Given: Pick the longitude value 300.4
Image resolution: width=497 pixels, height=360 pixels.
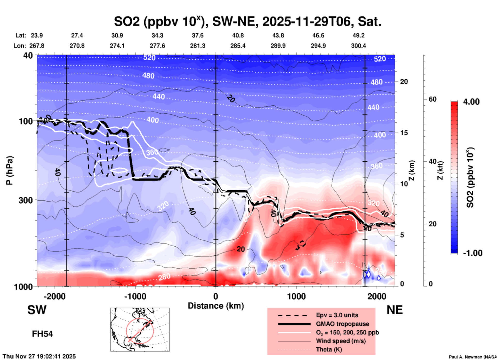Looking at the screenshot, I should point(358,46).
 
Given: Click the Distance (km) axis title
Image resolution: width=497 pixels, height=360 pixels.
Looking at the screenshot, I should point(216,306).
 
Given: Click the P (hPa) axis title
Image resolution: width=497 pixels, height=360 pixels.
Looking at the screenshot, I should point(10,170).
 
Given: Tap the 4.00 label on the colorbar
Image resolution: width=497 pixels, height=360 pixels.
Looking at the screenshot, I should point(471,102).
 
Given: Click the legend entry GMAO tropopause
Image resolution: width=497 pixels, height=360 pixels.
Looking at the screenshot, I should point(342,324).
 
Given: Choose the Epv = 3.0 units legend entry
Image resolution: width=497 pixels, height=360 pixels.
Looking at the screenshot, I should point(337,315).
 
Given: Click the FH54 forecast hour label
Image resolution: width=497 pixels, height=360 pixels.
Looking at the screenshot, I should point(42,334).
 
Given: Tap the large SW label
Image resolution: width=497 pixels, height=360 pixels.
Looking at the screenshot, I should point(37,310).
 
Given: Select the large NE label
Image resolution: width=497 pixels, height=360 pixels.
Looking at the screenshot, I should point(395,310).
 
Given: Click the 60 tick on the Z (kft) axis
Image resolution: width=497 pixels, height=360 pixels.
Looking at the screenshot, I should point(432,99).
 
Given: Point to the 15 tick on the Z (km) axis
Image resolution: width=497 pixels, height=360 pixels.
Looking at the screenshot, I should point(404,133).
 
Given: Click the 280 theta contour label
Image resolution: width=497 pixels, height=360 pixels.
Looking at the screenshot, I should point(164,277).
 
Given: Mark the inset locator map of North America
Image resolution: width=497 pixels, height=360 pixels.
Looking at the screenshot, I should point(140,330).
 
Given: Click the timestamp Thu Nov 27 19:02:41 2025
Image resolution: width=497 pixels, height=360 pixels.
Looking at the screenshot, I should point(39,356).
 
